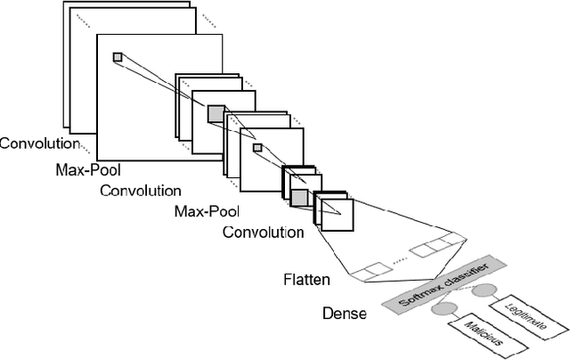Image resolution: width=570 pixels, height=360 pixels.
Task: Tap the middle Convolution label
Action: coord(140,191)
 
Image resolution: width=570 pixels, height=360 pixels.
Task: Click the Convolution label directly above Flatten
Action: coord(263,233)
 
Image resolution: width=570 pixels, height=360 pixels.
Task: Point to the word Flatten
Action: coord(306,280)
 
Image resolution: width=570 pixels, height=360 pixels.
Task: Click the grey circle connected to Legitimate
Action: coord(484,290)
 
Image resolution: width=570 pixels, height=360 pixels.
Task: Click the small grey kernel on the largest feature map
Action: coord(117,58)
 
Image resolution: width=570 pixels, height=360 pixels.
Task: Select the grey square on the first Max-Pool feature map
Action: coord(216,113)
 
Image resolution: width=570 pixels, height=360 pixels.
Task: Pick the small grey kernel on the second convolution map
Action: coord(257,147)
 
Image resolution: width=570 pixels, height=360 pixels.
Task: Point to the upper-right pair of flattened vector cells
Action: coord(437,243)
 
